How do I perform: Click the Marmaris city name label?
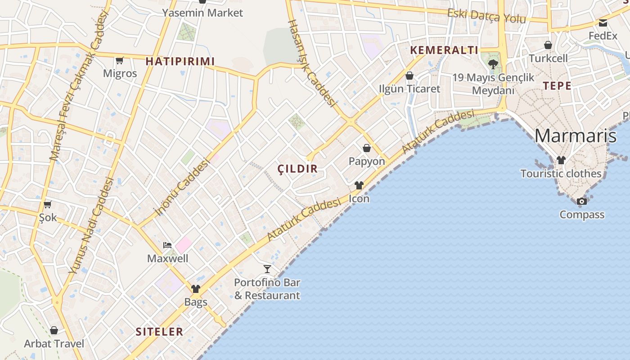[575, 135]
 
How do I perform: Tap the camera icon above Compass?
[582, 201]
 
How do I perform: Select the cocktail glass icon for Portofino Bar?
[267, 269]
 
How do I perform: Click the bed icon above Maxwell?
[167, 245]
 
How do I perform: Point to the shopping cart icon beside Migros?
[120, 60]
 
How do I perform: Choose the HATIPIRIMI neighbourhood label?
[180, 62]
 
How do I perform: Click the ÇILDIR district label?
[297, 169]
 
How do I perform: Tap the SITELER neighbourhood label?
[159, 332]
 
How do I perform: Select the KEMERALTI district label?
[444, 50]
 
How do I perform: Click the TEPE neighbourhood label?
[557, 86]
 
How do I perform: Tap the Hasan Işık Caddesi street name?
[312, 63]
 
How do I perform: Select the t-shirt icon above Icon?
[359, 185]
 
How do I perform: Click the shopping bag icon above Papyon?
[367, 148]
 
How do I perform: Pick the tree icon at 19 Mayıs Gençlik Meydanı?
[493, 64]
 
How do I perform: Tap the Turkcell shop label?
[548, 58]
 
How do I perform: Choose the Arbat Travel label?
[54, 344]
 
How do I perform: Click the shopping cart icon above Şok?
[48, 204]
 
